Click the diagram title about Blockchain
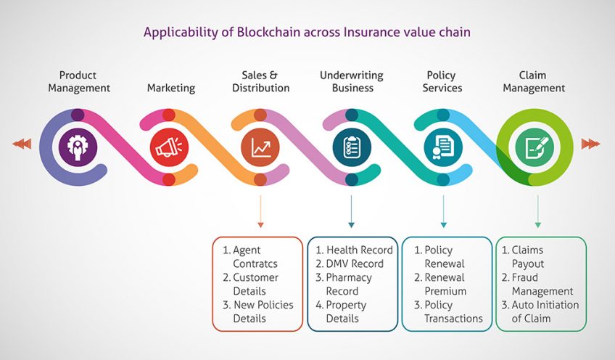(x=307, y=32)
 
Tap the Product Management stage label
(x=78, y=81)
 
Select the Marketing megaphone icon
(x=168, y=147)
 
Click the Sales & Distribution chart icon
(x=260, y=147)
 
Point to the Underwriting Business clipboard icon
(x=352, y=147)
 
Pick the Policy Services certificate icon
(x=443, y=147)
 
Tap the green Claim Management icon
(x=534, y=147)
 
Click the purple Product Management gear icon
(x=77, y=147)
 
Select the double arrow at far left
(x=22, y=144)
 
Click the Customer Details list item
(x=255, y=285)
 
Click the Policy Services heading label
(x=443, y=81)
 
